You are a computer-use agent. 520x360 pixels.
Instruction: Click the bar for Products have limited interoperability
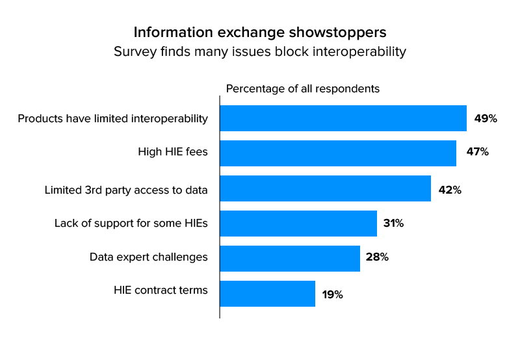point(343,118)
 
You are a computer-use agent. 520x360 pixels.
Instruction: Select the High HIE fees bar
point(338,153)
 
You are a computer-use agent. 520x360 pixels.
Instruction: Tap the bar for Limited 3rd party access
point(325,188)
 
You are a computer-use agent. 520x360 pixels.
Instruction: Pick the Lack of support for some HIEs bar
point(298,224)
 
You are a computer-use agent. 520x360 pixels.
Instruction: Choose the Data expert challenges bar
point(290,259)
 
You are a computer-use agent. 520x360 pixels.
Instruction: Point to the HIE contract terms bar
point(267,294)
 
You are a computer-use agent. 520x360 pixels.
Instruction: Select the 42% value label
point(450,190)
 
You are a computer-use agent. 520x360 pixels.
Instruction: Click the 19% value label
point(332,295)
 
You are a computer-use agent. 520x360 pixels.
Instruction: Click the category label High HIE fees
point(172,152)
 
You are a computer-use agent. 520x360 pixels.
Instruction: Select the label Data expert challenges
point(148,257)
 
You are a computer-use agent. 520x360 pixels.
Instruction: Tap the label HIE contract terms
point(161,290)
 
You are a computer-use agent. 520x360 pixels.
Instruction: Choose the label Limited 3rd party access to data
point(126,190)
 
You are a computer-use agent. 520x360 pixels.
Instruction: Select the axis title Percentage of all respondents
point(302,88)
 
